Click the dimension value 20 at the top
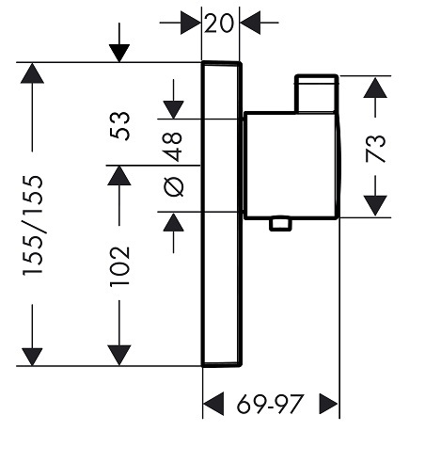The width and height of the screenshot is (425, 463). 219,23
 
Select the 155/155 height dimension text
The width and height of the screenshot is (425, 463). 33,226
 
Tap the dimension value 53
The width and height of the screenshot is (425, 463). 119,126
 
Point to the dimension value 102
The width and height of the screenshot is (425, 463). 119,266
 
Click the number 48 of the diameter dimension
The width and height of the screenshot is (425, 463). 173,147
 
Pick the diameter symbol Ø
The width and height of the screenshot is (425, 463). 174,187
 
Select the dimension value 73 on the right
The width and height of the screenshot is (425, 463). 375,149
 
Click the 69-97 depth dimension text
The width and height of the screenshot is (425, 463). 270,404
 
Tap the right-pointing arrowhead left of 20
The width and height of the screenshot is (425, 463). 191,23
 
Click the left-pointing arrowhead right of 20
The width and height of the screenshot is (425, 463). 250,23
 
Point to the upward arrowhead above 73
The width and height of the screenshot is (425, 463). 375,88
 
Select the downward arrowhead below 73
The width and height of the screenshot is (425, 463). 375,205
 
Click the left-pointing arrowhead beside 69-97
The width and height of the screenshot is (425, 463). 213,404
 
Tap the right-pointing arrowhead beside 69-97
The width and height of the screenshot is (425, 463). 329,404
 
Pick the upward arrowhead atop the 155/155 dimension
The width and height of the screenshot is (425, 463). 32,73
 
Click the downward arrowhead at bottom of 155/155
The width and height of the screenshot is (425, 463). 32,357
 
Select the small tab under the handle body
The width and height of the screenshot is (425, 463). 280,224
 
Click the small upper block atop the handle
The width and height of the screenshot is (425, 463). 316,93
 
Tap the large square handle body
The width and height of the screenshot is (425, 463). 291,166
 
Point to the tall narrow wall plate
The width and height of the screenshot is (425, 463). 222,214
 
